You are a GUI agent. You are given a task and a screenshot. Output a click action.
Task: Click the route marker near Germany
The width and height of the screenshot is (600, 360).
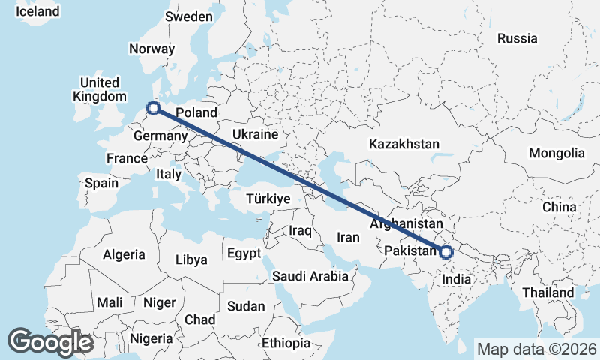154,108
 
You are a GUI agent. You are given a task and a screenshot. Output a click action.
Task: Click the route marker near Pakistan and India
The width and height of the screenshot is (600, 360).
446,252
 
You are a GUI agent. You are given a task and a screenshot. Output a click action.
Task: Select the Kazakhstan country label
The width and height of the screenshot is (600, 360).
404,143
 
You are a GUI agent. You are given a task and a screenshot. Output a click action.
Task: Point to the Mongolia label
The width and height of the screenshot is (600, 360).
556,153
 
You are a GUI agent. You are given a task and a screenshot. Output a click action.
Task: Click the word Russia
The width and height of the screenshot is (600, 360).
517,38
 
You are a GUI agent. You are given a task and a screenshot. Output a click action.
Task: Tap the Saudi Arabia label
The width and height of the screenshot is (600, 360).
310,276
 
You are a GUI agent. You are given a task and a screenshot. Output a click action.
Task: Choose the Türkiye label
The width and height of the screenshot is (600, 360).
268,199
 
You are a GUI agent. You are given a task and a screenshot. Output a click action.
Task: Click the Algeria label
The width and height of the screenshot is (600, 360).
124,254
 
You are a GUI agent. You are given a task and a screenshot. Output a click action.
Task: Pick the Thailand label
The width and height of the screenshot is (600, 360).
549,292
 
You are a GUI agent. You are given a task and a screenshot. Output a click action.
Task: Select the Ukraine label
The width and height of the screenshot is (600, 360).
255,134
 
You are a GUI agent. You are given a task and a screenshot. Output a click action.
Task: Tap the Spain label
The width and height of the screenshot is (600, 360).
101,183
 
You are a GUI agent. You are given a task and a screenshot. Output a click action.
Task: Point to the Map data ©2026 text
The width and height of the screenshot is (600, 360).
536,349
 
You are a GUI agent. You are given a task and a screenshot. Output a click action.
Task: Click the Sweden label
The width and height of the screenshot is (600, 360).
189,16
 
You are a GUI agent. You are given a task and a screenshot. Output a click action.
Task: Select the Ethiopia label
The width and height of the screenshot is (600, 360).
286,343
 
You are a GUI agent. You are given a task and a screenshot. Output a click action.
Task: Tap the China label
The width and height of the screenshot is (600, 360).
559,207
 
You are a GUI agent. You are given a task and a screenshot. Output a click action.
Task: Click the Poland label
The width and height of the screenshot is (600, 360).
196,112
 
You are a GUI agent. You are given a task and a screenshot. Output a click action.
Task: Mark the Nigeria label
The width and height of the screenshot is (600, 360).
151,337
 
